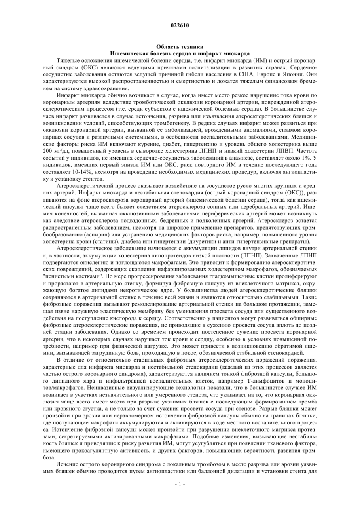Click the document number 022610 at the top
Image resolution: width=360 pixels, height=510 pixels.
click(x=180, y=25)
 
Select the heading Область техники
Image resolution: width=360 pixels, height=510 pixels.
click(x=180, y=47)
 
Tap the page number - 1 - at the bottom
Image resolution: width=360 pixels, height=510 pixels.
click(x=180, y=484)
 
